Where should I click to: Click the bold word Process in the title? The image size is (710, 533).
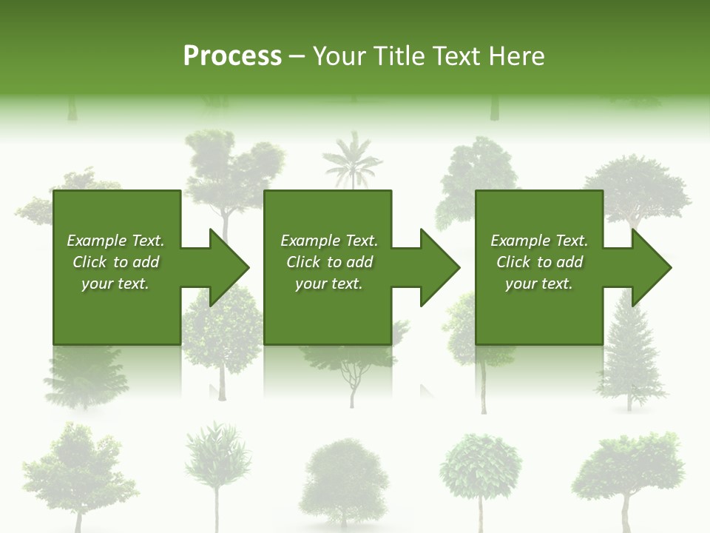point(232,56)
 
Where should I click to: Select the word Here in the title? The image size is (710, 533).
point(516,56)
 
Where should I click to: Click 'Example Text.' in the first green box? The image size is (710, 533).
point(115,241)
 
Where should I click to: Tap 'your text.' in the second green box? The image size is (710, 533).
point(328,284)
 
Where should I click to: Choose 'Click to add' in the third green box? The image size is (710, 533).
point(540,262)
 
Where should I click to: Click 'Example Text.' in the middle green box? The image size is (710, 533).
point(328,241)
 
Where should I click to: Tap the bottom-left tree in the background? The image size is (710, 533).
point(71,470)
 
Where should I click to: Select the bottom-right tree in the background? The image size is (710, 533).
point(629,470)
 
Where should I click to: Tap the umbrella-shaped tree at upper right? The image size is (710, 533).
point(636,185)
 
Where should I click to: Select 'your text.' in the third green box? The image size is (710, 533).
point(538,284)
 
